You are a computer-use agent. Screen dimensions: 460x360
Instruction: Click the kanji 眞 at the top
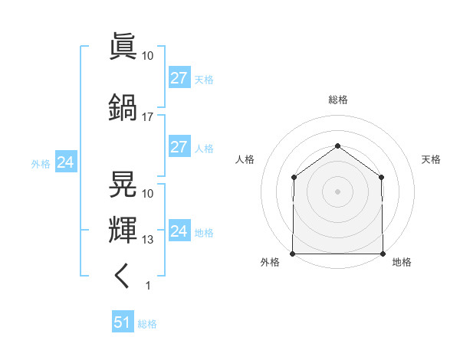coord(123,46)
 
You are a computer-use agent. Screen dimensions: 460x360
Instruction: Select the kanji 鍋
coord(123,107)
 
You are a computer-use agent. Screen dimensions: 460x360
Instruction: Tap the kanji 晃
coord(123,184)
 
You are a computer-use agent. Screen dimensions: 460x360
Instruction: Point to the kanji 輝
coord(123,230)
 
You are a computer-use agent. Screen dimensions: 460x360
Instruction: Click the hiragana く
coord(121,276)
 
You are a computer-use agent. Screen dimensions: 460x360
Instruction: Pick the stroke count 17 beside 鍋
coord(147,117)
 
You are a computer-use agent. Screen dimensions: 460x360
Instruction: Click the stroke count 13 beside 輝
coord(147,240)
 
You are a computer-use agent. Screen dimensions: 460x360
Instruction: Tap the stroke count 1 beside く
coord(148,286)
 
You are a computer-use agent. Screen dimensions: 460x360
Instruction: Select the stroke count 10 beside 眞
coord(147,56)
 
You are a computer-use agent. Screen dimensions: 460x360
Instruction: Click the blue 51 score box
coord(123,321)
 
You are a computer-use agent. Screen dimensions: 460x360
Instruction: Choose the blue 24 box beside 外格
coord(66,162)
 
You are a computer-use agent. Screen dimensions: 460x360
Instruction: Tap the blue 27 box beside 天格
coord(179,77)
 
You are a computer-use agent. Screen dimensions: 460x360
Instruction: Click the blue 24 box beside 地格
coord(179,230)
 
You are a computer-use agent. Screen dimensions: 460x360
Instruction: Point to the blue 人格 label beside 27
coord(204,149)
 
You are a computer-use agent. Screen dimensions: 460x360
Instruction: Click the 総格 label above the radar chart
coord(338,100)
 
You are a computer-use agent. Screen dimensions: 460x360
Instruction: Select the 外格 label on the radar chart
coord(270,262)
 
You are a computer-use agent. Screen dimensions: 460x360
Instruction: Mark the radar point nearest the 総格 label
coord(337,146)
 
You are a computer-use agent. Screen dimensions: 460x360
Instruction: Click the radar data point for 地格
coord(383,254)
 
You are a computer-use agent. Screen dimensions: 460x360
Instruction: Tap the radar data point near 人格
coord(294,177)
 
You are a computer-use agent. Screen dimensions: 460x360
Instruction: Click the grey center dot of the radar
coord(337,191)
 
